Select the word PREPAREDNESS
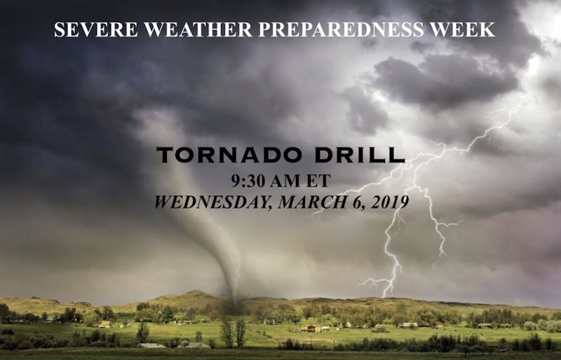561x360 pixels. [341, 29]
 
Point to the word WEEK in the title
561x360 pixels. [462, 29]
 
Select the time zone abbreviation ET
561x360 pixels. [318, 181]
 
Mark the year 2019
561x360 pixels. [390, 202]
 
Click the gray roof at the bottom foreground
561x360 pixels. [151, 346]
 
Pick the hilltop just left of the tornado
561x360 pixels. [195, 294]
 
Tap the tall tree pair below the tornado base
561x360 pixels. [234, 333]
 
